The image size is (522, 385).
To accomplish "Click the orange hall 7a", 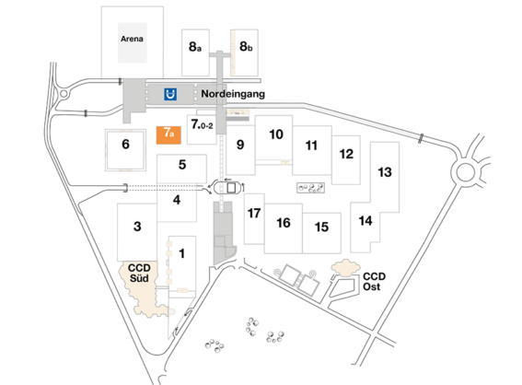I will [x=168, y=134].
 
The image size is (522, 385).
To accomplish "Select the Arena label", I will [x=132, y=40].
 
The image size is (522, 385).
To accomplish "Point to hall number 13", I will [x=385, y=172].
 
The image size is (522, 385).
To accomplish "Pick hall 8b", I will [x=246, y=45].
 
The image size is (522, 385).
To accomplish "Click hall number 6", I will [x=126, y=144].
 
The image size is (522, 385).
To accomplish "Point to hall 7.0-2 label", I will [x=202, y=123].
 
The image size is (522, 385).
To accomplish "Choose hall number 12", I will [x=345, y=153].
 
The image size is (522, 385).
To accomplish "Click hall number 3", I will [x=137, y=227].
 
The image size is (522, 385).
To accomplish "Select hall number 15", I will [x=321, y=227].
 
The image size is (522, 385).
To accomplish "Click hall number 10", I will [x=275, y=134].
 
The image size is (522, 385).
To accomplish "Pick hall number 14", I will [x=365, y=221].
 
